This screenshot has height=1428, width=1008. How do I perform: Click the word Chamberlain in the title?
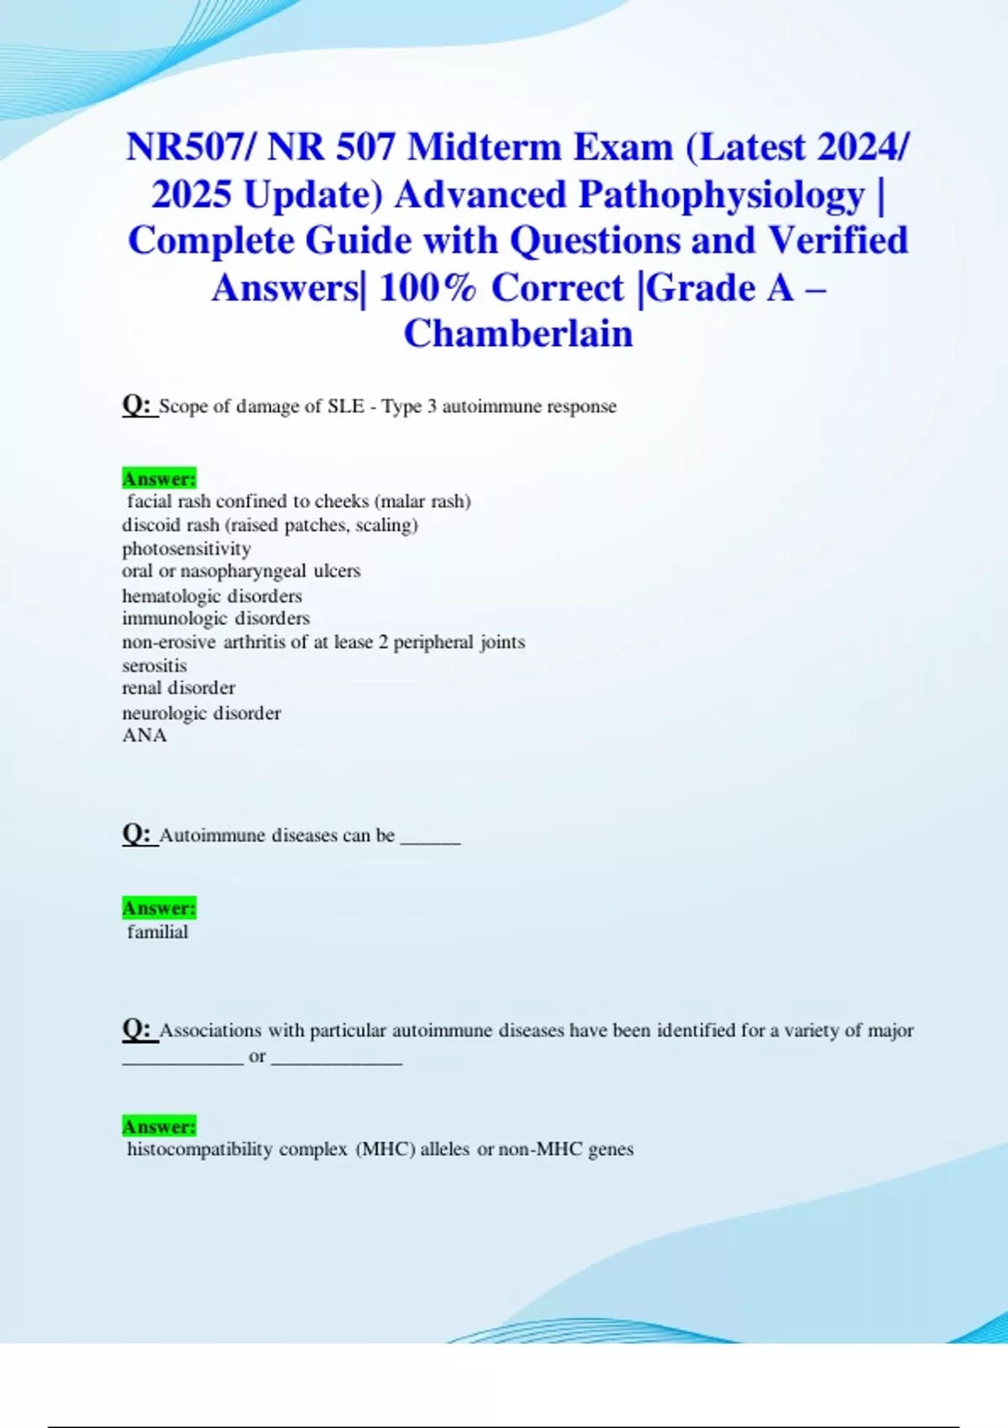tap(518, 333)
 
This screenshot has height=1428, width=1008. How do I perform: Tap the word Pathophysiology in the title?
tap(722, 195)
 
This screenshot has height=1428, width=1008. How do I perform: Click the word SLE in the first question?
tap(345, 407)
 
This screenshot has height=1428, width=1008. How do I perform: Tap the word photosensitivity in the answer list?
tap(186, 549)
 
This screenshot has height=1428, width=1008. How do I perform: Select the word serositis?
tap(155, 665)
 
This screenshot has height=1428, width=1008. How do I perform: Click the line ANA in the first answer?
tap(144, 735)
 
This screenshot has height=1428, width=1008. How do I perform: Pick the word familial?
tap(158, 932)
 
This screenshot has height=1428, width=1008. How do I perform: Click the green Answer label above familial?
tap(159, 908)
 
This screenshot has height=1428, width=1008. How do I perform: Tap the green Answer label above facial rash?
tap(159, 479)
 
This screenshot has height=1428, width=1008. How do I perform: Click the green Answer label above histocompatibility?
tap(159, 1126)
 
